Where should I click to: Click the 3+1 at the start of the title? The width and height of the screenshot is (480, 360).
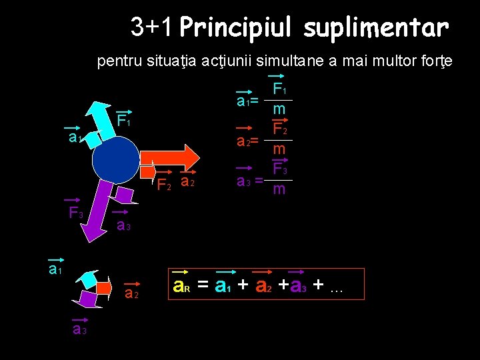[x=151, y=27]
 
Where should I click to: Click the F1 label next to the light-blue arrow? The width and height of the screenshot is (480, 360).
[x=123, y=121]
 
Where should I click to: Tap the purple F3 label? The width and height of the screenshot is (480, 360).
[x=76, y=213]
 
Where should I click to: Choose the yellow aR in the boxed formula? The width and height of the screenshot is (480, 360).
[x=182, y=287]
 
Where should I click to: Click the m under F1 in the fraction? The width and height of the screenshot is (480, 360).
[x=279, y=109]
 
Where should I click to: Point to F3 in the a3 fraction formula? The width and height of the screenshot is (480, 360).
[x=280, y=171]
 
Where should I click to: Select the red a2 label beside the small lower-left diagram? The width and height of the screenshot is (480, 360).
[x=131, y=293]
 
